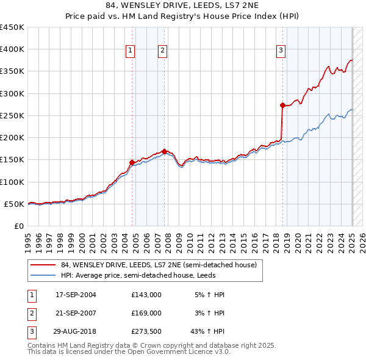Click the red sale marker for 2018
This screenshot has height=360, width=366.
[x=282, y=106]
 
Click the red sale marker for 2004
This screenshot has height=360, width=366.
[x=132, y=162]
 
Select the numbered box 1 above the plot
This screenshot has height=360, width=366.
[x=131, y=51]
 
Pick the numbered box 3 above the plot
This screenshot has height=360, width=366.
[x=281, y=51]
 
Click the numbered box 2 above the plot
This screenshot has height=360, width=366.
[x=163, y=51]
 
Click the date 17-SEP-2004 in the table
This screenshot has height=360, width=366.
[x=76, y=295]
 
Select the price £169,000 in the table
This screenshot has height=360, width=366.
[x=146, y=312]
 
